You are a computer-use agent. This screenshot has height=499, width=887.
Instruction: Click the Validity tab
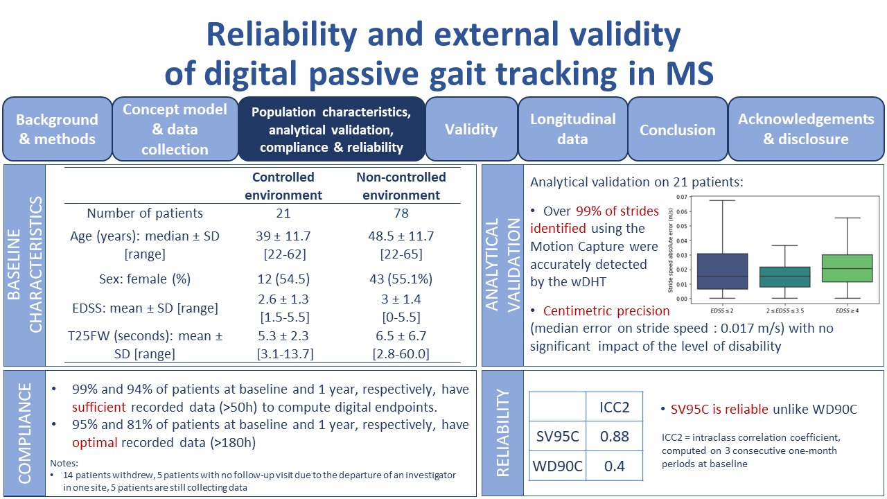[471, 130]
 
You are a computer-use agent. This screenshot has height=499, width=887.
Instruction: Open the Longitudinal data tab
[572, 129]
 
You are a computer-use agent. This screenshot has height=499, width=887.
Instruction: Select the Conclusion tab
[677, 130]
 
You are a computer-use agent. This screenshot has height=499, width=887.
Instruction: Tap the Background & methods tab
[57, 130]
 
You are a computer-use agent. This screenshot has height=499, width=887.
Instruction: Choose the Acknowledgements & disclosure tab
[806, 129]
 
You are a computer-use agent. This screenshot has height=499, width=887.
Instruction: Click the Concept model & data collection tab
[175, 130]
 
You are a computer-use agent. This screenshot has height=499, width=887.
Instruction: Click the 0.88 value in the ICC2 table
[614, 437]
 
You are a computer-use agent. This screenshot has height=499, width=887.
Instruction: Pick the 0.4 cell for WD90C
[614, 466]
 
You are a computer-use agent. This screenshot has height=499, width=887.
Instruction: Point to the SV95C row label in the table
[558, 437]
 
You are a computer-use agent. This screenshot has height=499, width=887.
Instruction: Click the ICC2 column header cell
[614, 407]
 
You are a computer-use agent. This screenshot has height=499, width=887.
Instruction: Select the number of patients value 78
[401, 213]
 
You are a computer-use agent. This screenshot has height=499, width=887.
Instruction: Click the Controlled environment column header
[283, 186]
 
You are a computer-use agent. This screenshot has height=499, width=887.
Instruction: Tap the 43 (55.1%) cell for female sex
[401, 279]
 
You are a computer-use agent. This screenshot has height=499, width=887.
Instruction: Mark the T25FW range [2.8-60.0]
[401, 354]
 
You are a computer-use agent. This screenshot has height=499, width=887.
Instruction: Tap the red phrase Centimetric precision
[606, 310]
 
